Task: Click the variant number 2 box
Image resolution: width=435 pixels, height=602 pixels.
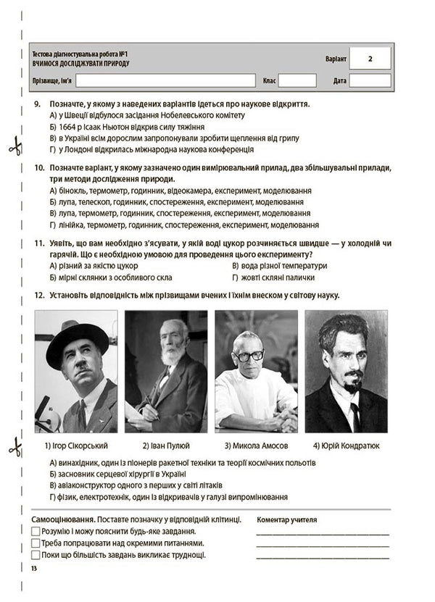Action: point(370,59)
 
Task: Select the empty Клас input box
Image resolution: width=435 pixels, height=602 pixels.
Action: point(297,80)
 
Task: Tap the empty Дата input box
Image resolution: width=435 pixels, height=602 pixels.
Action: point(370,80)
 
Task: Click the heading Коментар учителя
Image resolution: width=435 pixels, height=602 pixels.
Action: point(286,519)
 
